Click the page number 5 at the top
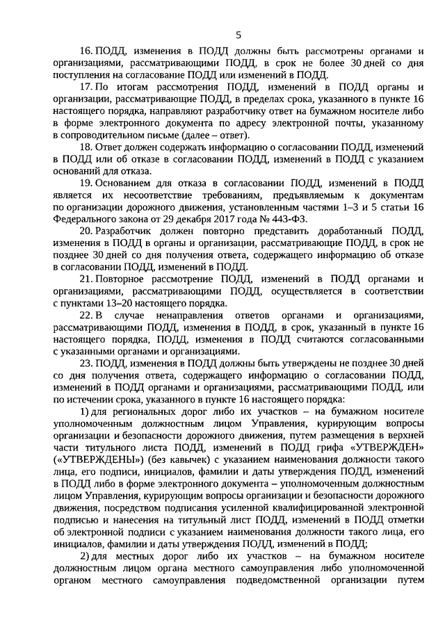(238, 35)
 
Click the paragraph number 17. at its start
(87, 87)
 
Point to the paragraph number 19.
(87, 183)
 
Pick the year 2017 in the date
(224, 218)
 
